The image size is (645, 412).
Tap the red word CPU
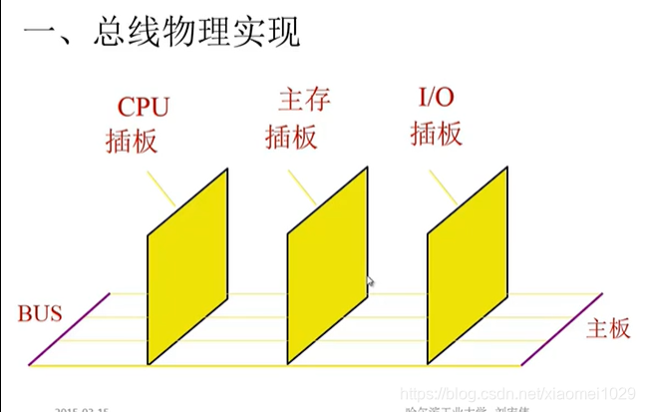pos(146,107)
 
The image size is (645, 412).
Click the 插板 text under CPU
pos(132,141)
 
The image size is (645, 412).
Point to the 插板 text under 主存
pos(291,136)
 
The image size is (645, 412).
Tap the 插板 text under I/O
pos(436,134)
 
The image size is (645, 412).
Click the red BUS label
pos(40,314)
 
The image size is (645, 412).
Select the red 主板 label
pos(608,328)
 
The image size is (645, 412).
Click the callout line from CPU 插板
pos(161,189)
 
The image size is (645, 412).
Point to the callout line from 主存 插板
pos(302,188)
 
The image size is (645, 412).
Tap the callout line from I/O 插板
pos(443,188)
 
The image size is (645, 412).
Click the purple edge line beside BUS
pos(70,329)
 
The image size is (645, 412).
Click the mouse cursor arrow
pos(371,282)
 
